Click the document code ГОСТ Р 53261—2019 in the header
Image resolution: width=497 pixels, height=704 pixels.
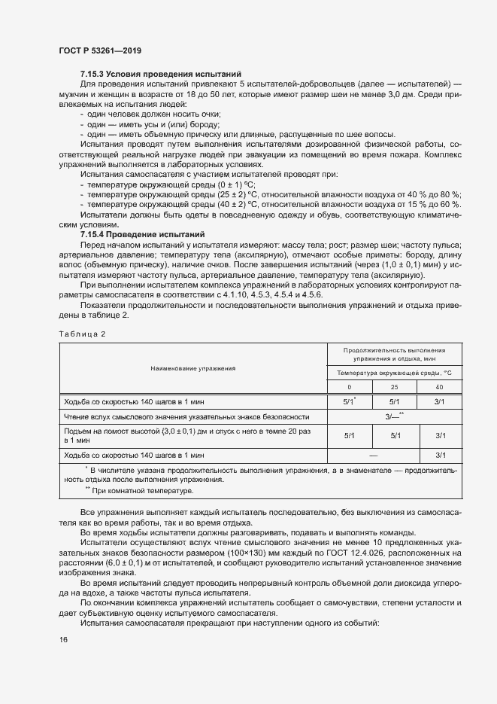(x=99, y=50)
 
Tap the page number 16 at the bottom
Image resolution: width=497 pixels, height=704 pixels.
(x=64, y=640)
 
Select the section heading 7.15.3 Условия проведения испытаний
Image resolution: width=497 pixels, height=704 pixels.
(x=160, y=74)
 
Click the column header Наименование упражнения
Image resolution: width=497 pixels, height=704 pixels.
(x=192, y=369)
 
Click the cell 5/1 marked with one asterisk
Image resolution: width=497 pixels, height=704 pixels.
(x=349, y=401)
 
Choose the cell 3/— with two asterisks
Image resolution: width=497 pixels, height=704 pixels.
(x=395, y=416)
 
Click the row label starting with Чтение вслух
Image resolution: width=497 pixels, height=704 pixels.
(x=186, y=416)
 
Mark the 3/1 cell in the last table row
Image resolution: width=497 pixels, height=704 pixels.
(x=441, y=456)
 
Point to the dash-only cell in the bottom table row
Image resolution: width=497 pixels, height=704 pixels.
(x=372, y=456)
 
